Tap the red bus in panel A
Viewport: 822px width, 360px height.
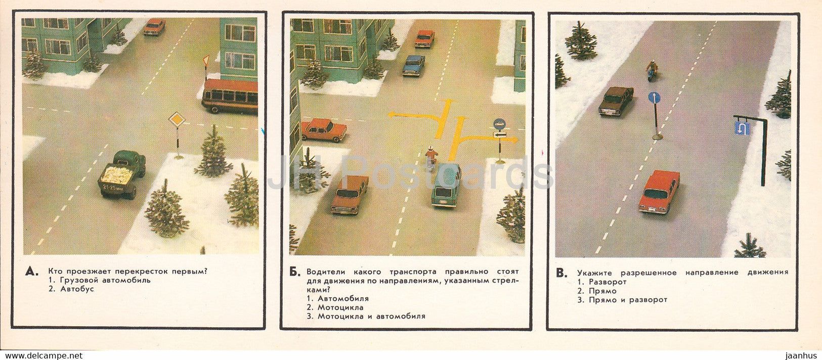230,95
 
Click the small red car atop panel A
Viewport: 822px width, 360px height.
154,27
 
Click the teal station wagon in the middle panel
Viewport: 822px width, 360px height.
446,185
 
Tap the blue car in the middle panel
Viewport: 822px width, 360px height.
413,65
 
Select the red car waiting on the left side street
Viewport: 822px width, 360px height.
324,130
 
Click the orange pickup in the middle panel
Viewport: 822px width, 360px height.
350,194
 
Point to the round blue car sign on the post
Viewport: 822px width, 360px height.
499,124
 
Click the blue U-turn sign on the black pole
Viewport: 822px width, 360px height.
742,128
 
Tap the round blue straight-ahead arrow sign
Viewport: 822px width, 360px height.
654,98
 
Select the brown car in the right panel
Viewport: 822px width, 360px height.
616,100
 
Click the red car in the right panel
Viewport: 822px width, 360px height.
659,191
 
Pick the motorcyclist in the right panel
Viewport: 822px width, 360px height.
652,70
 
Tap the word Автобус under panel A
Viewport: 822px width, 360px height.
77,289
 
